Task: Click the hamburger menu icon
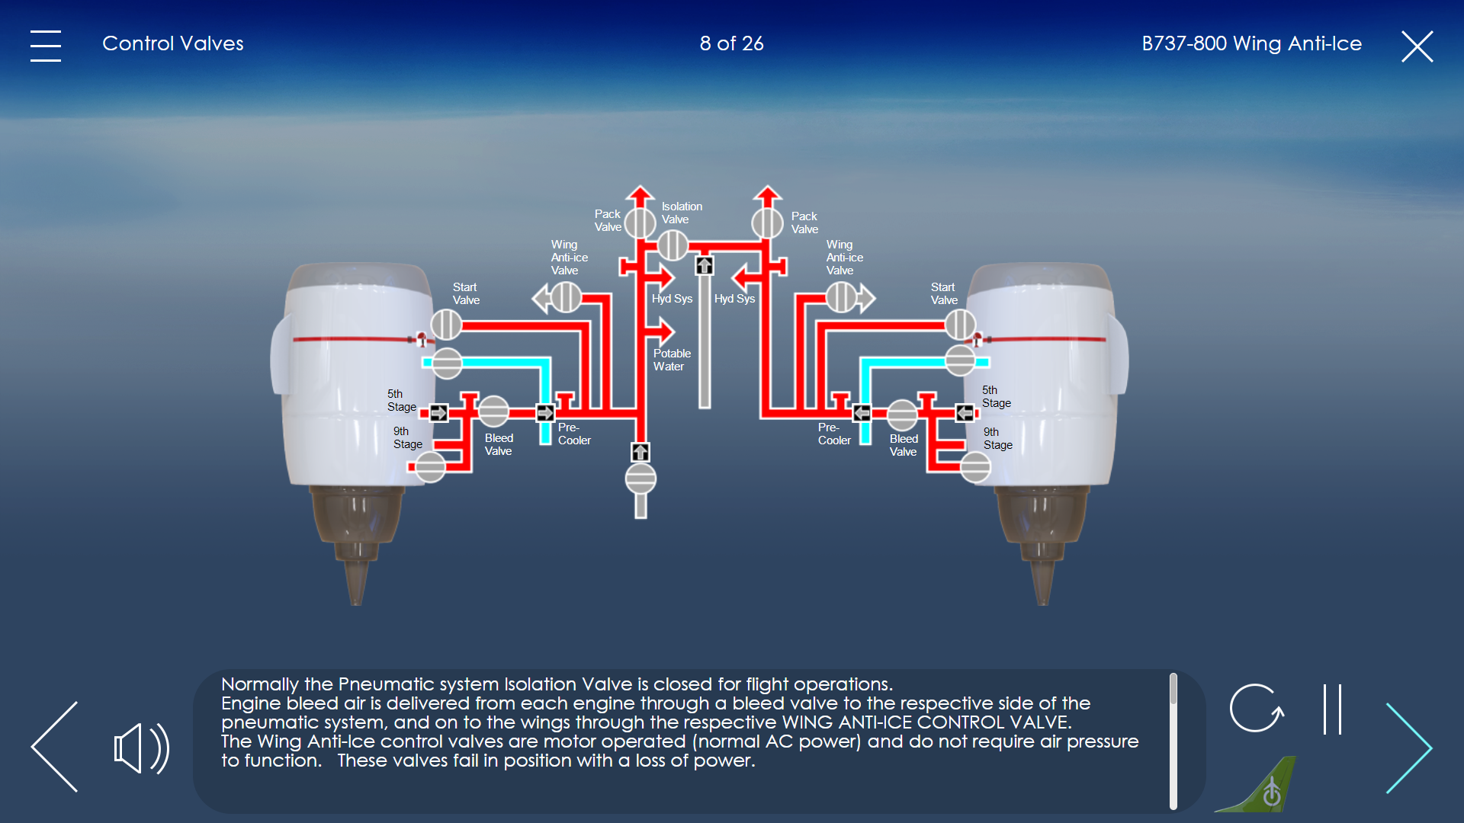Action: click(46, 46)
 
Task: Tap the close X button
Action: click(1417, 46)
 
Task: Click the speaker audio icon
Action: click(141, 748)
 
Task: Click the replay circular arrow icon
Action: click(1257, 708)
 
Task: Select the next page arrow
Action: click(1409, 748)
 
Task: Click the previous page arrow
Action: click(55, 747)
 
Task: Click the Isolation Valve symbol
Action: click(673, 245)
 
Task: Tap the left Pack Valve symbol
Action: click(640, 223)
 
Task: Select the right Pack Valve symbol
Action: click(768, 223)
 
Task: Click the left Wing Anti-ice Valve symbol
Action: click(566, 297)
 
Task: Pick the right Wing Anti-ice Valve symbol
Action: click(842, 297)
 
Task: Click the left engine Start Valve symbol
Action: click(446, 325)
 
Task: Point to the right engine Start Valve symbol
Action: click(961, 325)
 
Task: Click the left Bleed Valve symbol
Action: click(493, 411)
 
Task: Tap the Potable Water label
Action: click(672, 360)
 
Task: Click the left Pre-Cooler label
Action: click(574, 434)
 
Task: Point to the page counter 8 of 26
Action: click(732, 43)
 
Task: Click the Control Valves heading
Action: click(173, 43)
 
